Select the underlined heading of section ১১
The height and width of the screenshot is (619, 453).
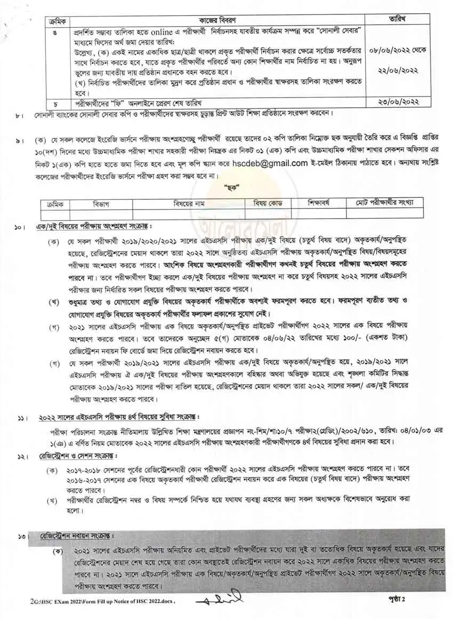(x=116, y=416)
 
